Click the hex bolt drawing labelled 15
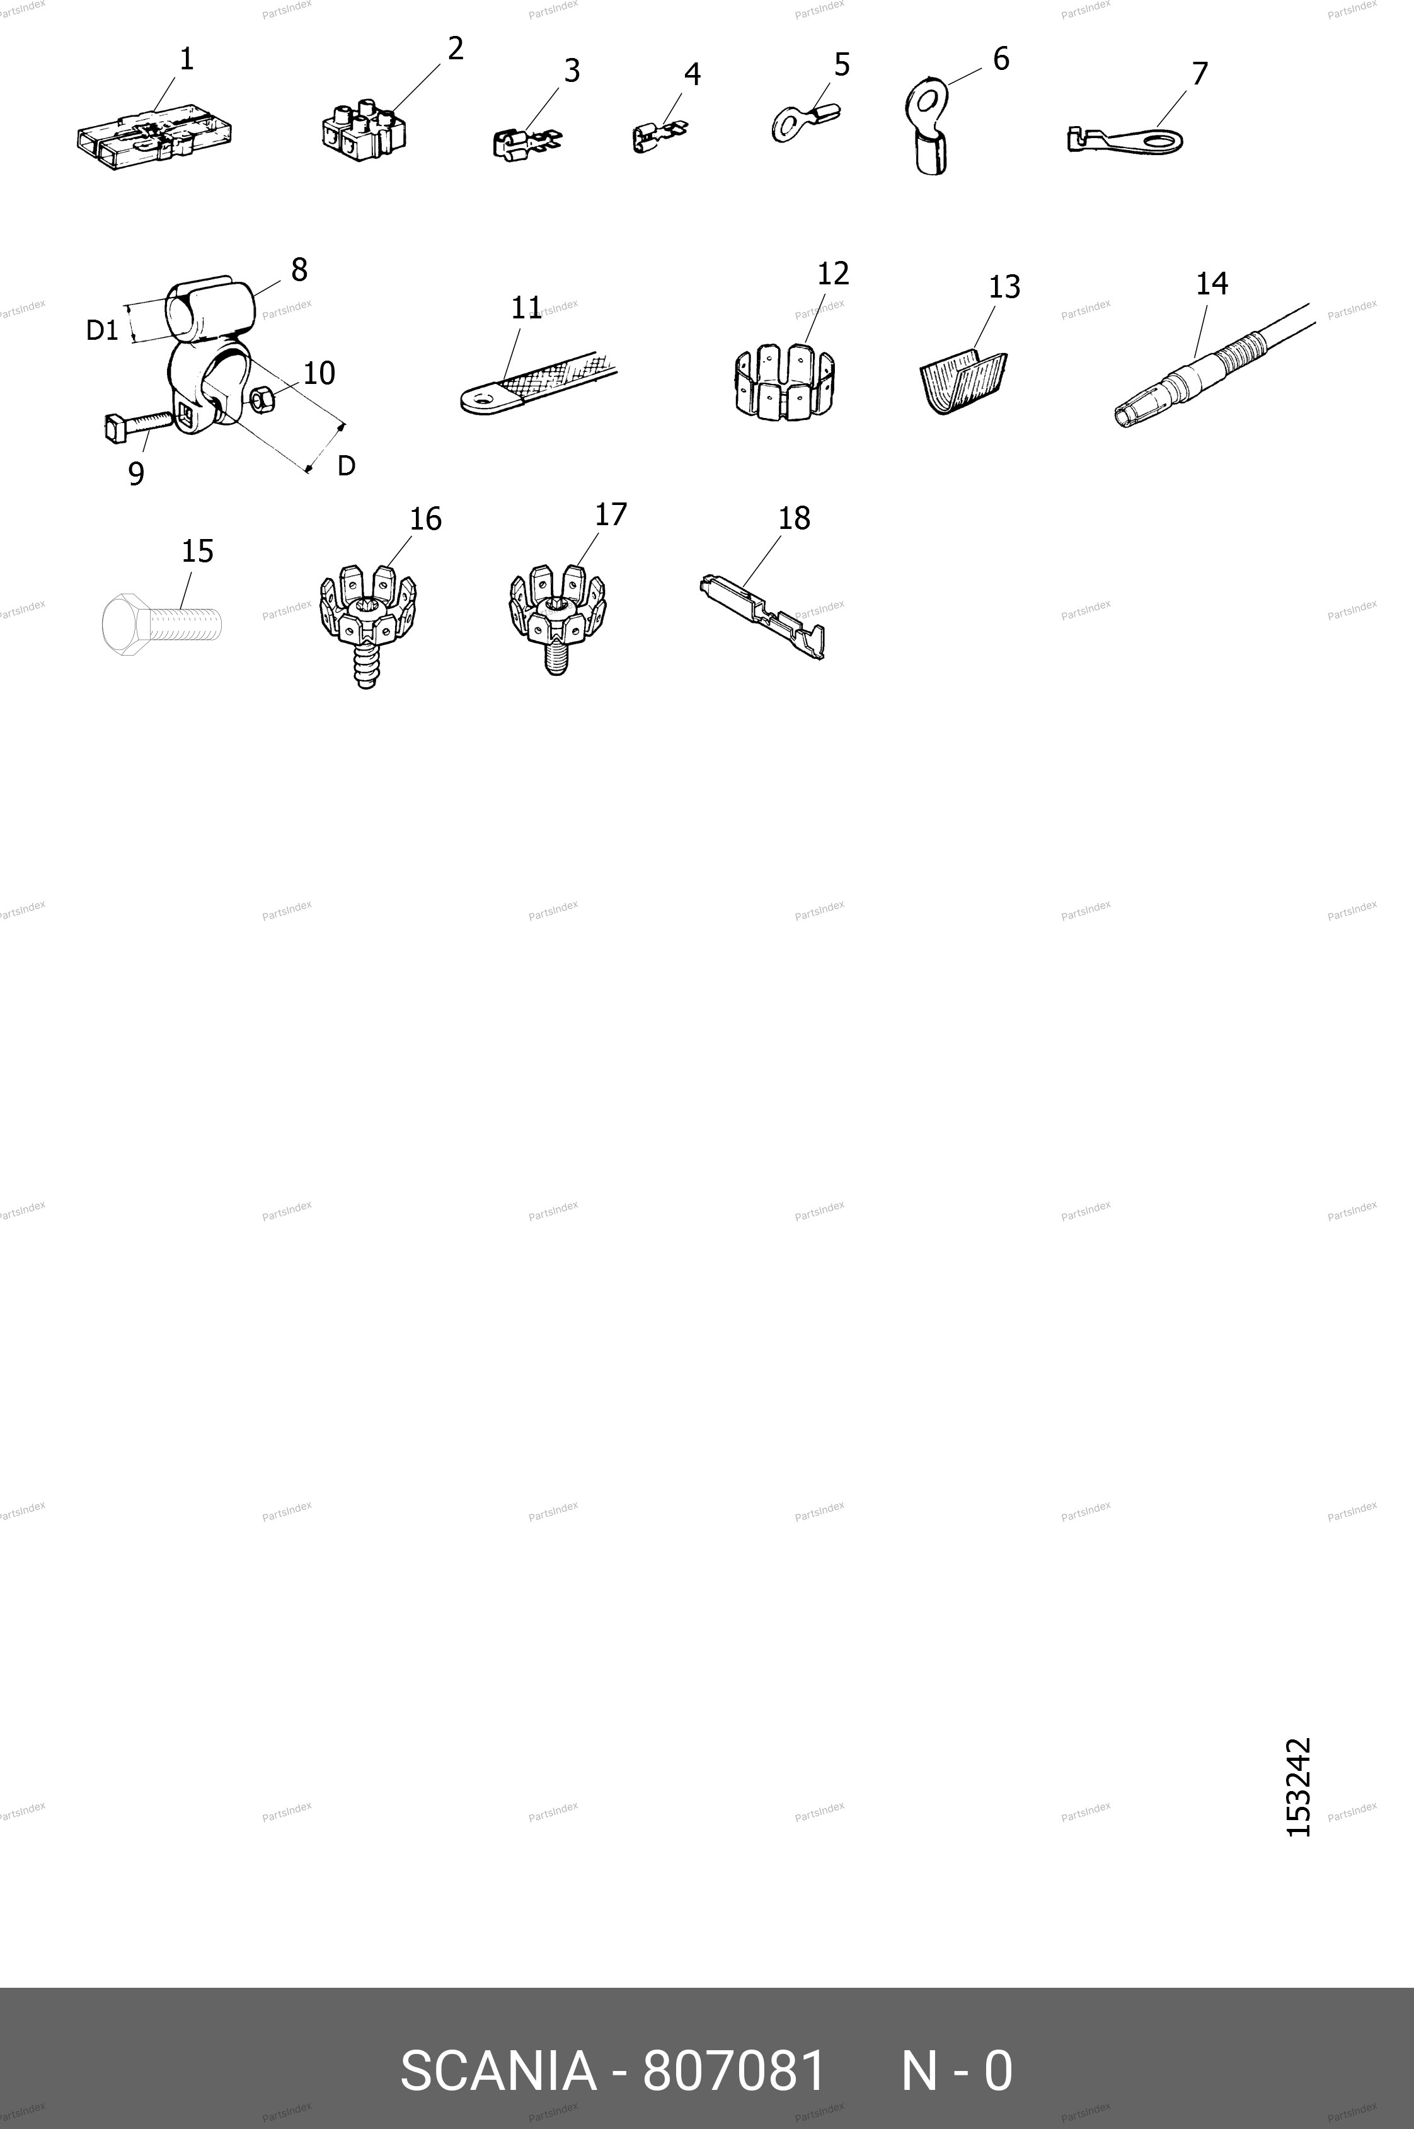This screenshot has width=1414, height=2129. pyautogui.click(x=161, y=622)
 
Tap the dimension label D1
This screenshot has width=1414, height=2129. pyautogui.click(x=102, y=331)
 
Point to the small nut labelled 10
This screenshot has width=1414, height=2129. pyautogui.click(x=261, y=398)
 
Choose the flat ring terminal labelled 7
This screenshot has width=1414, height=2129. pyautogui.click(x=1125, y=140)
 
